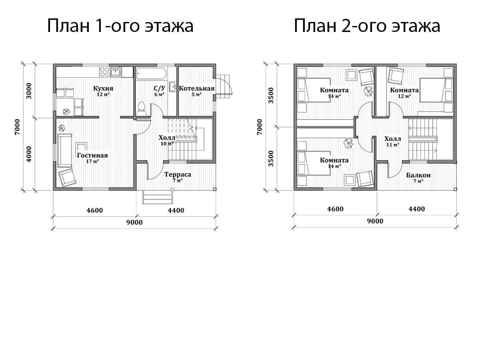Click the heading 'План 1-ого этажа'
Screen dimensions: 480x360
pos(120,26)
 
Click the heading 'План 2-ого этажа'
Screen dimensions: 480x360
pos(367,26)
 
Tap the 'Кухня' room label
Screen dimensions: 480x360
pos(103,88)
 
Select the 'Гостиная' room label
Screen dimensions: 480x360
pos(92,155)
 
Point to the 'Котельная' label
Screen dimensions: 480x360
pos(196,88)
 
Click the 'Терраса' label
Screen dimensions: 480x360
pos(178,174)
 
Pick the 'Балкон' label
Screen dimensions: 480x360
pos(418,175)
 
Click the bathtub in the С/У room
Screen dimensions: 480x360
pos(151,74)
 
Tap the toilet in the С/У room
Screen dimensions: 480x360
pos(141,109)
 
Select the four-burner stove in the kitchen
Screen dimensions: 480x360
pos(105,72)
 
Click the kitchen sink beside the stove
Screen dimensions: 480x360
pos(116,72)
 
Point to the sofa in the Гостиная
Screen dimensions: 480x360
pos(65,150)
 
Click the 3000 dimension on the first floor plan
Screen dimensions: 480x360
pos(29,91)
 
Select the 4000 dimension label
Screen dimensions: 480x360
pos(29,154)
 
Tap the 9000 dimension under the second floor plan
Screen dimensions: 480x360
pos(375,221)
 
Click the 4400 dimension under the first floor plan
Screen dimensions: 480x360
pos(176,210)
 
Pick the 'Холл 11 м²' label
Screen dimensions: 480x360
pos(392,142)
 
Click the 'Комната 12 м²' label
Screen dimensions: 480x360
pos(404,93)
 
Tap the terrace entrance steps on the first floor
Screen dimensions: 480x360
pos(158,197)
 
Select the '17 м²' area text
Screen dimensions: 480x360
pos(92,162)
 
